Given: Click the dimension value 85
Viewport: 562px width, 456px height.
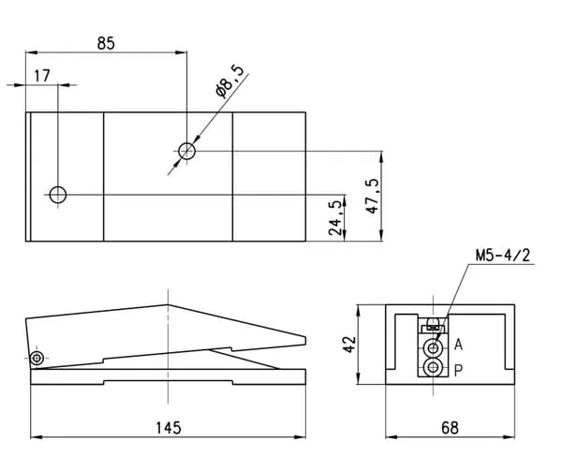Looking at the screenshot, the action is (x=106, y=43).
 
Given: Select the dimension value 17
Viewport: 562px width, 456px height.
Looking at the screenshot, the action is (x=42, y=76).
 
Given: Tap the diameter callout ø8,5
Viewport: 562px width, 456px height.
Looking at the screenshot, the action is (x=229, y=82).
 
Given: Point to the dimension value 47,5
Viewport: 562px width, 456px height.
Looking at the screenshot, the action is (x=373, y=196).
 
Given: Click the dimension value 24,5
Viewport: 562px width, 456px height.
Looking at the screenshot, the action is (x=335, y=218).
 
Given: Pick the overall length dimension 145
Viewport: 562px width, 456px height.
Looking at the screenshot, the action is (x=169, y=428).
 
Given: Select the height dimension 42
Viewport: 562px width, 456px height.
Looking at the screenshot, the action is (x=349, y=345).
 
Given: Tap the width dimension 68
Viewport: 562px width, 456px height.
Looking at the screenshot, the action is (x=450, y=428).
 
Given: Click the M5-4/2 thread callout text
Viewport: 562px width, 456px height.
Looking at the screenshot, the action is (x=502, y=256).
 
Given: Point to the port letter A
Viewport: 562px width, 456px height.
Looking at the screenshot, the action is (x=458, y=345).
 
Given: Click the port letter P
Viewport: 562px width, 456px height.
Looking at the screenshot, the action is (x=458, y=371).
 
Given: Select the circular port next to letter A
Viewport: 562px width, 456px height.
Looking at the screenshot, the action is (x=434, y=347).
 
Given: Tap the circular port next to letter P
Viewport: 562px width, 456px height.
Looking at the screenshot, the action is (x=434, y=367).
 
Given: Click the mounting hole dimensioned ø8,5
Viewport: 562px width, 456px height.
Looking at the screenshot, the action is (x=186, y=151).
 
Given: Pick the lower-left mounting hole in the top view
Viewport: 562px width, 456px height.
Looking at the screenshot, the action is (x=58, y=195).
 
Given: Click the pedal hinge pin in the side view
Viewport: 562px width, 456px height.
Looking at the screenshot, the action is (x=37, y=358).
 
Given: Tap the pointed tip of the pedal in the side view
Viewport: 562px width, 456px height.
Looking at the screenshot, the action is (x=305, y=341).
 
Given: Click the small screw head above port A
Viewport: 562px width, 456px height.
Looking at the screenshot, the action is (x=434, y=321).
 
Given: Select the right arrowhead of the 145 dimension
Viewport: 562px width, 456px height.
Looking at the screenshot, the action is (x=300, y=437).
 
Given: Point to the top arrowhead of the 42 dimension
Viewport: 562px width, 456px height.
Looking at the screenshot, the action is (x=359, y=311).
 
